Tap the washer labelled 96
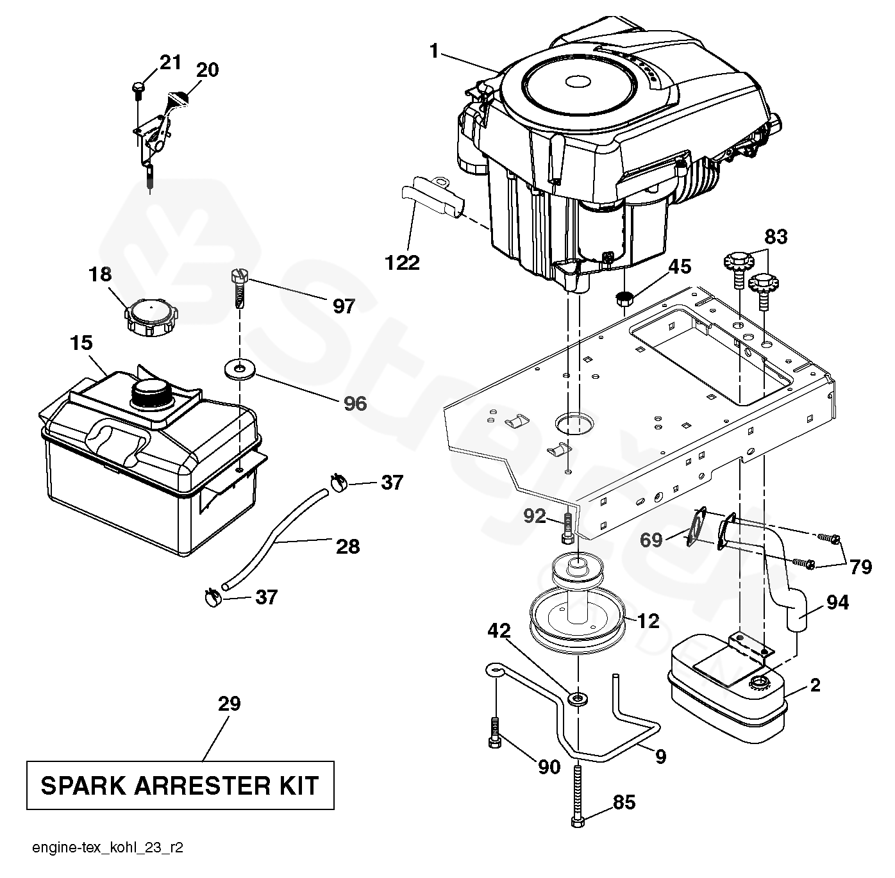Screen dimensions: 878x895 point(240,369)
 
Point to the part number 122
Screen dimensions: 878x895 point(402,262)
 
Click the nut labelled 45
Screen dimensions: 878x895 point(623,297)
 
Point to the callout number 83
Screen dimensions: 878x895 point(776,238)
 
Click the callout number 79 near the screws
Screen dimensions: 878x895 point(860,567)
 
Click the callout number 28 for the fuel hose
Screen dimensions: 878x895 point(348,547)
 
